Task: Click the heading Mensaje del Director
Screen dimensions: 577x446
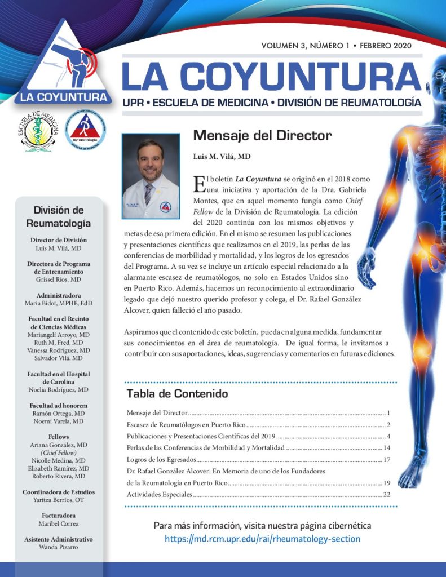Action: click(262, 136)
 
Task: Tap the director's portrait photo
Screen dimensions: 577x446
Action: click(151, 176)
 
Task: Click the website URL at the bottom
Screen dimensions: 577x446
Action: click(262, 539)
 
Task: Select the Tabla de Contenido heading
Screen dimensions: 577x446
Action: click(177, 393)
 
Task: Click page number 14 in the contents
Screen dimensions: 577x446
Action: click(387, 448)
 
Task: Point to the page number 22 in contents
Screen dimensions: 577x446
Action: click(387, 495)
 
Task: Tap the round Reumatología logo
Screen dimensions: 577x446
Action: click(85, 131)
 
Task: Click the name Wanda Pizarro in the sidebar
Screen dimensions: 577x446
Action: click(59, 547)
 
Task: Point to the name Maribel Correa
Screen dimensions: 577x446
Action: click(59, 523)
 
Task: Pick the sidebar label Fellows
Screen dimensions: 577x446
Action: click(59, 437)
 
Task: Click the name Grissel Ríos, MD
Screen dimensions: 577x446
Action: click(59, 279)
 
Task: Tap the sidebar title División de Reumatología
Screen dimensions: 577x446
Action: click(59, 216)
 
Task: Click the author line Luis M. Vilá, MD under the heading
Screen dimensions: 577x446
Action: click(222, 156)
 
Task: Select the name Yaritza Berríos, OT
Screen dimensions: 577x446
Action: click(59, 499)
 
